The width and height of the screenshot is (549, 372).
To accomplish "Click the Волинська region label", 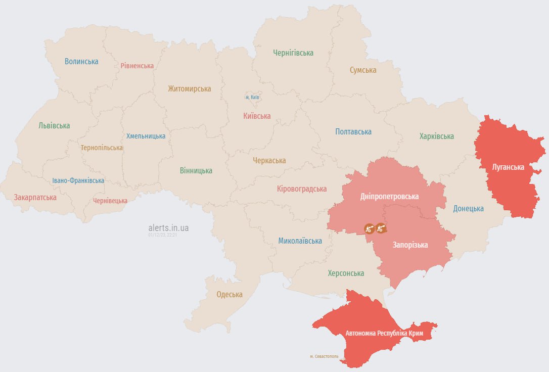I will tap(81, 61).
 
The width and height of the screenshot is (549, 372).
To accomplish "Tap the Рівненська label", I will tap(137, 66).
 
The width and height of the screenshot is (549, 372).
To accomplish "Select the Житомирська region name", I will tap(190, 89).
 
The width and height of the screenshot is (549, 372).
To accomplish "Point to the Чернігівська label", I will tap(293, 53).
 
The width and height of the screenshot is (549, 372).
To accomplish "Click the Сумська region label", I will tap(363, 70).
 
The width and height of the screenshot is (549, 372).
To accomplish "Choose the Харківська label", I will tap(437, 136).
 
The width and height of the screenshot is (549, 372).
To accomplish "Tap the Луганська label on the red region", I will tap(508, 166).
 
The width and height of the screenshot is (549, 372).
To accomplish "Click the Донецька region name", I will tap(468, 208).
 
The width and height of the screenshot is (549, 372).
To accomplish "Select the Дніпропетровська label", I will tap(389, 196).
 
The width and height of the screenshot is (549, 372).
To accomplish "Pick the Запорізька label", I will tap(410, 245).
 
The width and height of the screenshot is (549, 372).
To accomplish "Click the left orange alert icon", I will tap(370, 229).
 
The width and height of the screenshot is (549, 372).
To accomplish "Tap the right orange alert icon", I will tap(381, 228).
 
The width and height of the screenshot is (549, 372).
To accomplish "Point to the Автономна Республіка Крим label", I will tap(384, 334).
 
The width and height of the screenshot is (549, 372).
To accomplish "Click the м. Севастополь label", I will tap(325, 356).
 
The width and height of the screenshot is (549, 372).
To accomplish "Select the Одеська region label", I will tap(230, 295).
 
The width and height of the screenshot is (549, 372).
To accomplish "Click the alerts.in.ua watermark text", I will tap(169, 228).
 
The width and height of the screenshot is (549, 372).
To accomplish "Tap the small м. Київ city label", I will tap(252, 97).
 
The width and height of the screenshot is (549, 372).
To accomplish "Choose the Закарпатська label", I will tap(35, 197).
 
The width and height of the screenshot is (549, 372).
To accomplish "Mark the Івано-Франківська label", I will tap(78, 180).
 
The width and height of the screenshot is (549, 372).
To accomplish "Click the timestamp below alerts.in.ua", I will tap(163, 235).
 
